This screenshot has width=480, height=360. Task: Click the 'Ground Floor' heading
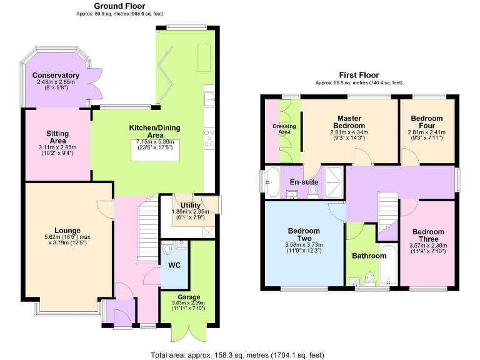coord(116,6)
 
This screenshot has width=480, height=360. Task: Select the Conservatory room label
coord(57,75)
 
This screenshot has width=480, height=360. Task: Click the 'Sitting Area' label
coord(57,137)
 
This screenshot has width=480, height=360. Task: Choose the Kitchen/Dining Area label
coord(154,132)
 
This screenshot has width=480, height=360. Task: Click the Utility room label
coord(190,205)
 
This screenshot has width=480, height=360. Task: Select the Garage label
coord(189,297)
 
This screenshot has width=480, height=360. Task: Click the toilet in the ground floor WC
coord(167,249)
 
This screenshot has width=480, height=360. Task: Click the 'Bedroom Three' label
coord(428,235)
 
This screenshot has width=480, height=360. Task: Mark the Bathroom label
coord(369,256)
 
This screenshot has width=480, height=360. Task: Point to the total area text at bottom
coord(237,354)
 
